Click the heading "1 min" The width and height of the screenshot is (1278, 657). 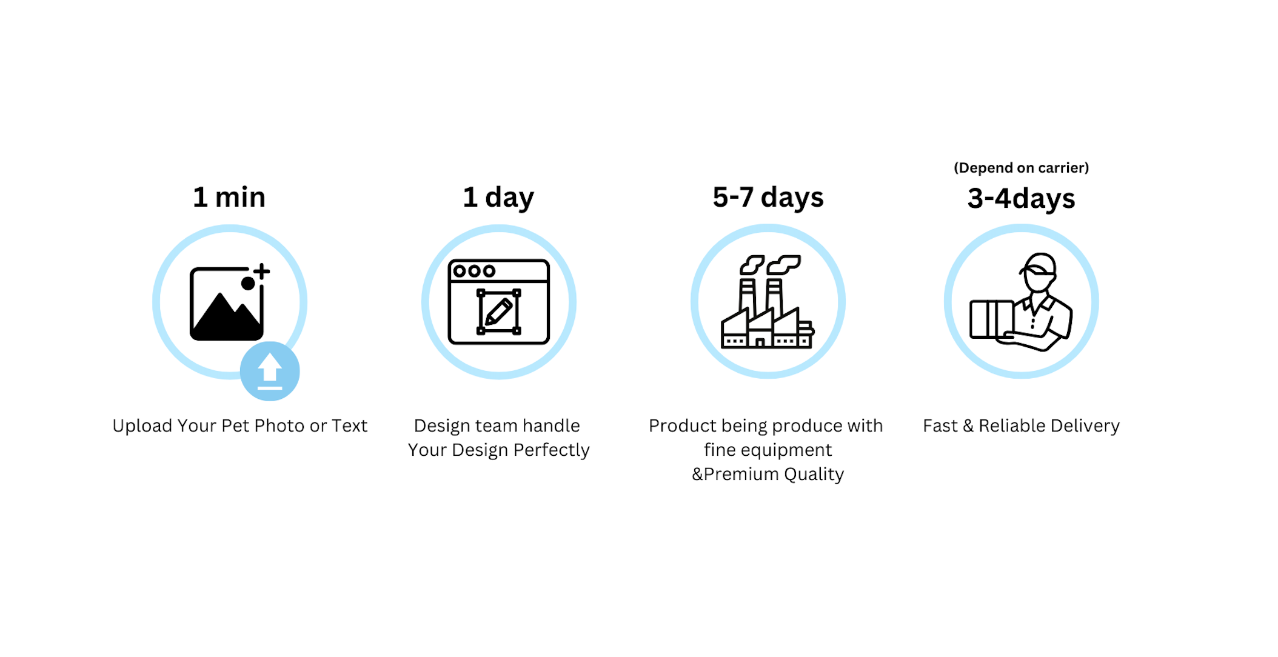(x=229, y=197)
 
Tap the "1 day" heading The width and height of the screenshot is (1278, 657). (x=498, y=198)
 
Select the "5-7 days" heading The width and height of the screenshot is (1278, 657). (x=768, y=198)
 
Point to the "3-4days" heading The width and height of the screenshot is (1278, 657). (x=1022, y=199)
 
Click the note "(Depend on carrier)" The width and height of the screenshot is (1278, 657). (x=1022, y=168)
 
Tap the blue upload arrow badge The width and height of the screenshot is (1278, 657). (x=270, y=371)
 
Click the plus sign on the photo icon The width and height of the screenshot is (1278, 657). (x=262, y=271)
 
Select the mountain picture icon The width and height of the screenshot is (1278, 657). (x=227, y=304)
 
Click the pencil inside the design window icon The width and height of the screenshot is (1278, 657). (x=499, y=312)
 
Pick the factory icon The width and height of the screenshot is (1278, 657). (x=768, y=302)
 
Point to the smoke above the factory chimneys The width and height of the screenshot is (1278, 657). (x=770, y=264)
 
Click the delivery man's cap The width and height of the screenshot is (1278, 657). (x=1039, y=264)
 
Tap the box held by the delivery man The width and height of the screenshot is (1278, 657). (x=992, y=319)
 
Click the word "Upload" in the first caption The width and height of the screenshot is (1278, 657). (x=142, y=427)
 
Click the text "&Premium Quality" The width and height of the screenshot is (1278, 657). (x=768, y=474)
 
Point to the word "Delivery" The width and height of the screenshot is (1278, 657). (x=1085, y=427)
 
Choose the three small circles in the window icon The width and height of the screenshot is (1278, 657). (x=474, y=271)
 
